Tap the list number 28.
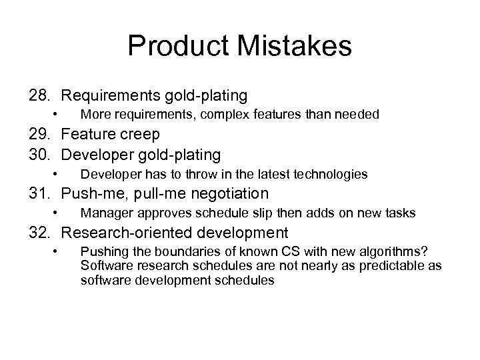[x=40, y=95]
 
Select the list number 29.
[x=40, y=135]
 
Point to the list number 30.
[x=40, y=155]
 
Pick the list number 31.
[x=40, y=194]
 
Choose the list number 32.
[x=40, y=233]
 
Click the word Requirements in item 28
[x=108, y=95]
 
